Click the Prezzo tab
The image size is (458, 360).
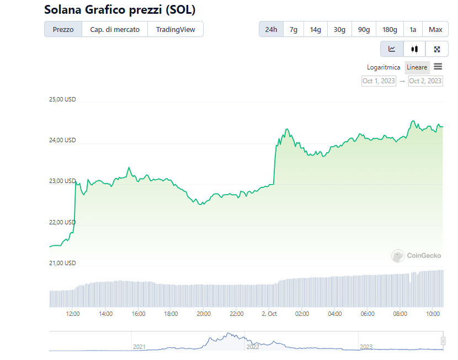tap(63, 29)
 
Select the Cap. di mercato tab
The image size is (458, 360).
tap(115, 29)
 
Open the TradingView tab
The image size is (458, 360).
tap(175, 29)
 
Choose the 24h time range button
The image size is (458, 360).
tap(271, 29)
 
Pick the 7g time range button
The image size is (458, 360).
tap(294, 29)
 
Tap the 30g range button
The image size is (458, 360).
tap(339, 29)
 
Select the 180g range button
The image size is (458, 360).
tap(390, 29)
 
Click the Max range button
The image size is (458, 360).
tap(435, 29)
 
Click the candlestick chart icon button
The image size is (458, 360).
tap(414, 49)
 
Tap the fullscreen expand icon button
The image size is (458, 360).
tap(437, 49)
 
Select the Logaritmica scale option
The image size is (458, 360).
tap(384, 67)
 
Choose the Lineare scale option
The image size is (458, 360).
tap(417, 67)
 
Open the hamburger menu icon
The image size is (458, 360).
tap(438, 67)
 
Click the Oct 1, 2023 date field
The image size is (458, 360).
tap(379, 81)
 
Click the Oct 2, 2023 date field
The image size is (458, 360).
tap(425, 81)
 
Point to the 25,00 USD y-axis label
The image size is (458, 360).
tap(62, 100)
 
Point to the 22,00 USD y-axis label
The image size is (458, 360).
tap(62, 222)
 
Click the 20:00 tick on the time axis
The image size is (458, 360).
tap(204, 314)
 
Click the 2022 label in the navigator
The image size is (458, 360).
tap(253, 347)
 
